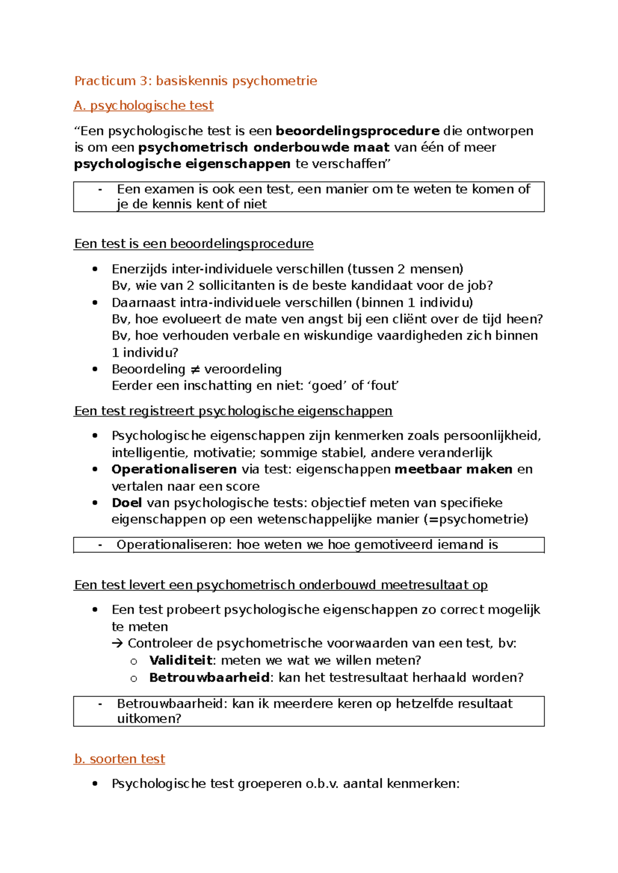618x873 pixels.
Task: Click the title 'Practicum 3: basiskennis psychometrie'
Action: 195,81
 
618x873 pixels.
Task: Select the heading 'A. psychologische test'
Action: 144,106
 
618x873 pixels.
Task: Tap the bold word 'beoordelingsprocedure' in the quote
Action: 357,131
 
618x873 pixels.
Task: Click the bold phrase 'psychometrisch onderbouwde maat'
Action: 264,147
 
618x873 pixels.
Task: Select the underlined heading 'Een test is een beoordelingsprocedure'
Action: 194,243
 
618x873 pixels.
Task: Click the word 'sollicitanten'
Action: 237,285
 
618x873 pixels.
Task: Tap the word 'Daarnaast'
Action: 136,302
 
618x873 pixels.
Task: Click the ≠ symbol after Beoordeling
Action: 195,369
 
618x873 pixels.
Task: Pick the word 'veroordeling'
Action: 243,369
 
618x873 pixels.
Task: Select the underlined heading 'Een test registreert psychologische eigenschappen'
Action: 233,411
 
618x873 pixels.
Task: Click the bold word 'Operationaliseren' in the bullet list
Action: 174,469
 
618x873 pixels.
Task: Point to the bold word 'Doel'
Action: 127,502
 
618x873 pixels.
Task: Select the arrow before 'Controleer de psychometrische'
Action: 118,643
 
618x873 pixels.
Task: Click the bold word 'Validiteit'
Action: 181,660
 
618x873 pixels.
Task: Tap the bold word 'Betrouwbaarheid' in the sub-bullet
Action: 209,677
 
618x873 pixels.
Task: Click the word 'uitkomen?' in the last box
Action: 149,719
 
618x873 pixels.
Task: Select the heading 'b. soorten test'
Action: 119,759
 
